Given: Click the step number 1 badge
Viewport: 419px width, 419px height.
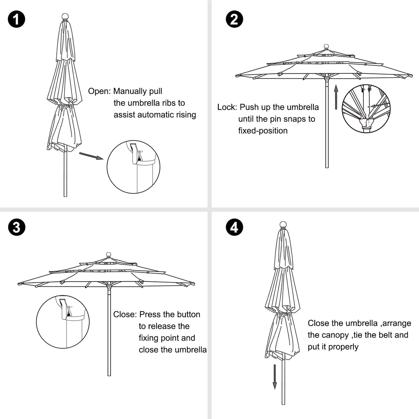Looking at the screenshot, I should coord(16,19).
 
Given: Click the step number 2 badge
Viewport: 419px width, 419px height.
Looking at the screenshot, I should coord(234,19).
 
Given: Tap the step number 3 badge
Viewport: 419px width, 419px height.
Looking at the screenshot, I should coord(16,227).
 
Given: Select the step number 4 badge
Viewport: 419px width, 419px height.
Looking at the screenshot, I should coord(234,227).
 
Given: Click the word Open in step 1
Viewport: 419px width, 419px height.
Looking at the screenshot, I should coord(99,91).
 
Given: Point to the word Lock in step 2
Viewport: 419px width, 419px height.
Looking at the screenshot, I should coord(227,107).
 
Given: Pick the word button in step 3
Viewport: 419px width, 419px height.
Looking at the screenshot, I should coord(188,314).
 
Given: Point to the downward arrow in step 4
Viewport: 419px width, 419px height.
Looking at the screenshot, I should coord(275,377).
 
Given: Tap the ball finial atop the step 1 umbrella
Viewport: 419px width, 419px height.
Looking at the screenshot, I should coord(65,17).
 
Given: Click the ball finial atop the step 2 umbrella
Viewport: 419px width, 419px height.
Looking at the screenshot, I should coord(327,47).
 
